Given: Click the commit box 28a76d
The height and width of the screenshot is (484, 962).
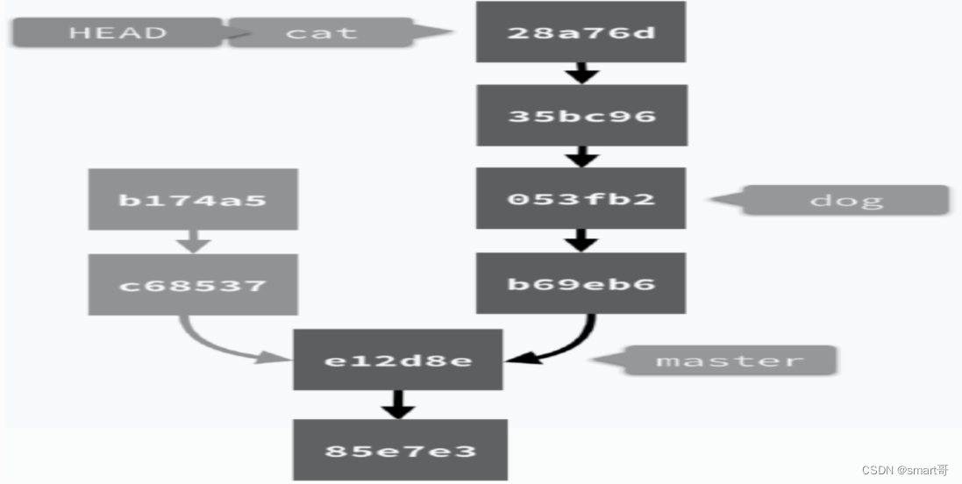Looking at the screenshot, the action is [x=581, y=32].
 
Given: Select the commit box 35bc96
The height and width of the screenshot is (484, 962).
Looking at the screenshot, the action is [x=581, y=115].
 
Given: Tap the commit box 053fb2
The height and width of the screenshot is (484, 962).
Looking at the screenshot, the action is [x=581, y=198].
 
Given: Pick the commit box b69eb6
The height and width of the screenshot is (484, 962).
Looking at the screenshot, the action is [x=581, y=283].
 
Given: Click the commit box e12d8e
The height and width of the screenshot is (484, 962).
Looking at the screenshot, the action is [x=397, y=359].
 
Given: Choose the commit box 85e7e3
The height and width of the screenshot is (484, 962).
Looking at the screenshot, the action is [x=400, y=451].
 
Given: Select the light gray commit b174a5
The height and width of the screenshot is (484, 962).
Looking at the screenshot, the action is [x=192, y=199].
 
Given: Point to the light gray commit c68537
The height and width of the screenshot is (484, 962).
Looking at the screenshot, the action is [x=192, y=285].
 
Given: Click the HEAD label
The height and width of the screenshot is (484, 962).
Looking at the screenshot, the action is [x=118, y=32].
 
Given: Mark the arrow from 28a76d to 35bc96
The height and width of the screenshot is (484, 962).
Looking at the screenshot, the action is [x=581, y=73].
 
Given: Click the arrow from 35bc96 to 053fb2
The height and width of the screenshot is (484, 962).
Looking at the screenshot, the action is [x=581, y=156].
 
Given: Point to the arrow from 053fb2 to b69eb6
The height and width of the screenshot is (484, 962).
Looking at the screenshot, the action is [x=581, y=240].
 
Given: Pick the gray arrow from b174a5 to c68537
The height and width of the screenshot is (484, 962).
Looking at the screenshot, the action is [x=193, y=241].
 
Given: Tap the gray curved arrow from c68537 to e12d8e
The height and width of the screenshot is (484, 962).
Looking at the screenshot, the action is [x=219, y=346].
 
